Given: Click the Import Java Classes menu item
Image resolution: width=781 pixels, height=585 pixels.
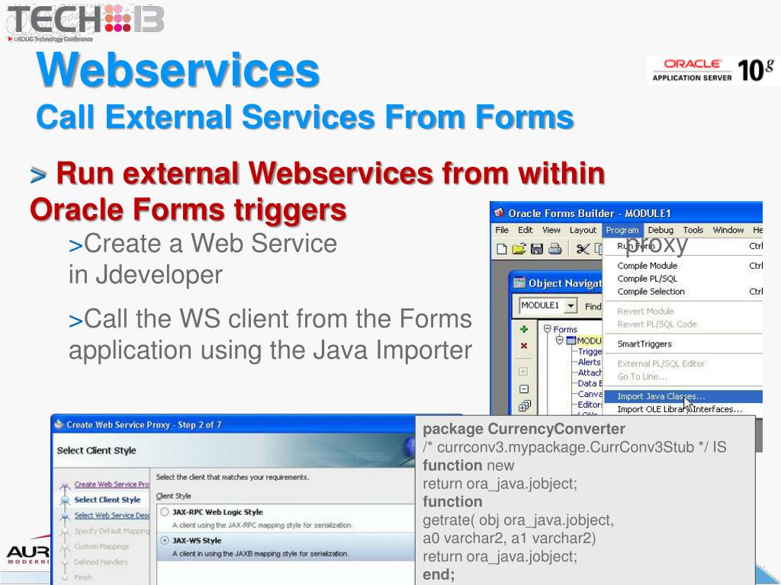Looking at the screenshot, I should tap(660, 396).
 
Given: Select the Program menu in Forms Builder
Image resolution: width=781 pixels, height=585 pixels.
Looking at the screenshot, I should tap(622, 230).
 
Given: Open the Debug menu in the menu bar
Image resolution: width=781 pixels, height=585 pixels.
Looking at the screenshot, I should tap(660, 230).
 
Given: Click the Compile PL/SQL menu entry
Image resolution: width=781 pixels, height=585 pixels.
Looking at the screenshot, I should tap(647, 279).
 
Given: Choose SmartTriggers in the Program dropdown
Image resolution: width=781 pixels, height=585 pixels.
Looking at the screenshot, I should tap(644, 344).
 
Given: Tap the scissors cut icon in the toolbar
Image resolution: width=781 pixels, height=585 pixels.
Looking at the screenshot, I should tap(583, 248).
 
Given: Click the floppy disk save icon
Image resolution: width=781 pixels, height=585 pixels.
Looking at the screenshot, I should tap(537, 248).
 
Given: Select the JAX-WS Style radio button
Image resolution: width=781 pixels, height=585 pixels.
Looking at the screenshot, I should tap(165, 541).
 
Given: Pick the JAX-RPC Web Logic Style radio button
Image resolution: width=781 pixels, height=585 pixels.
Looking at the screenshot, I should tap(165, 513).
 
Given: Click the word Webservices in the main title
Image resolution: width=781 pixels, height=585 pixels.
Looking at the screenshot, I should tap(178, 70).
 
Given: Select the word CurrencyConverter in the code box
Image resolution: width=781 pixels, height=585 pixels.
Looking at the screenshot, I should tap(556, 429).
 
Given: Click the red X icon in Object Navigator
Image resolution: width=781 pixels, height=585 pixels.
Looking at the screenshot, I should tap(524, 346).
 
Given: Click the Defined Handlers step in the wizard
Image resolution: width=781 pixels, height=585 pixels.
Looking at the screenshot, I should tap(101, 562).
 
